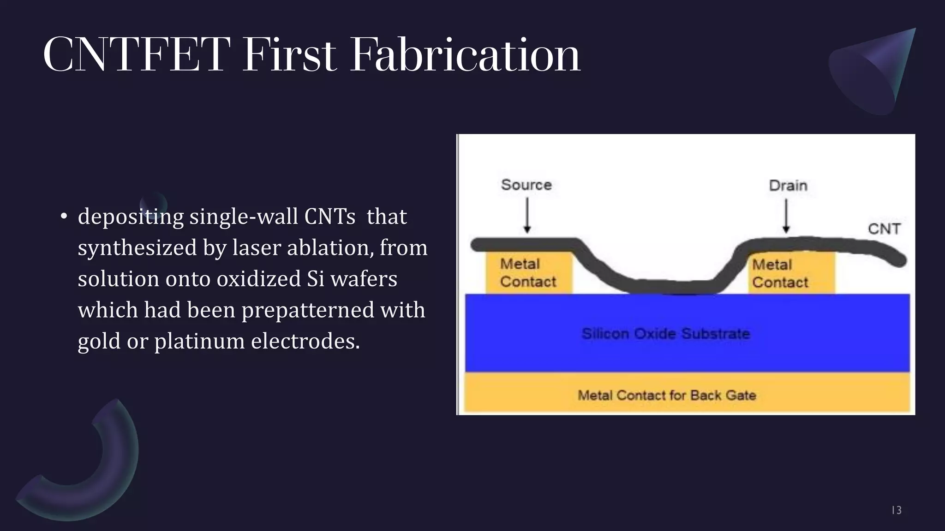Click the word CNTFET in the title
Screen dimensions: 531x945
tap(137, 55)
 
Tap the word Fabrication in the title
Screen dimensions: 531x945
tap(465, 55)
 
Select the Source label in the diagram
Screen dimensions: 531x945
tap(526, 185)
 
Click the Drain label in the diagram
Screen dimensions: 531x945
tap(788, 186)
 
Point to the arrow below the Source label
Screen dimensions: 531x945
tap(527, 215)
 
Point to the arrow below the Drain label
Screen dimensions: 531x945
tap(787, 216)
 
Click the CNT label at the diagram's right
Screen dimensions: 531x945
tap(884, 229)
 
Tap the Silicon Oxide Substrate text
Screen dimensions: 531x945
tap(665, 334)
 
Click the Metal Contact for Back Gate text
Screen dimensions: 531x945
tap(667, 395)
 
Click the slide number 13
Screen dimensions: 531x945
tap(896, 510)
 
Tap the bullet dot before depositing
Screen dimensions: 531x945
tap(64, 217)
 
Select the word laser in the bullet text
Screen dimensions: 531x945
tap(257, 248)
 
